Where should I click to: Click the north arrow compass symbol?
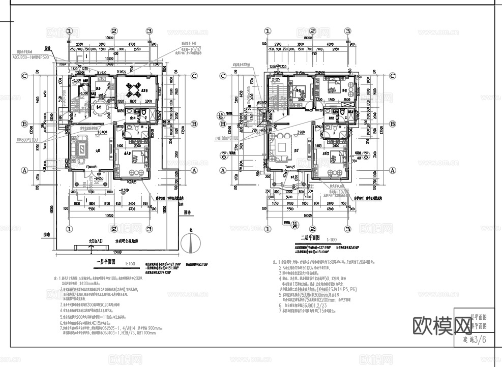pos(190,243)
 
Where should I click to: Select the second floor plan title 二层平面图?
pos(309,237)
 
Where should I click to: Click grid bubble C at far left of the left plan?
pos(24,76)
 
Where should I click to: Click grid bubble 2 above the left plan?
pos(114,31)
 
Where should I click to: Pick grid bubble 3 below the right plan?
pos(348,228)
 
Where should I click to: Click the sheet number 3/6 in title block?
pos(479,341)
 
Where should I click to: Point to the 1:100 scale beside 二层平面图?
pos(331,238)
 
